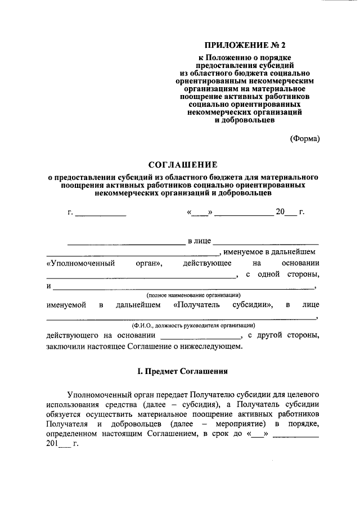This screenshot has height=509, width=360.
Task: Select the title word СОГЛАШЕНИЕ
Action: click(182, 164)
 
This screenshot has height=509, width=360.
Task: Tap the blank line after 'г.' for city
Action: click(101, 213)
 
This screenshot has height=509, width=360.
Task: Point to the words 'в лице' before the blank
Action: click(199, 241)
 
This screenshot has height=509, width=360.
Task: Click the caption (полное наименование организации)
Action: click(193, 295)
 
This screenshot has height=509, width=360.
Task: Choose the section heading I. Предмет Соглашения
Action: click(182, 371)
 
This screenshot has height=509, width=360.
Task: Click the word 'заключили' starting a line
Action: click(65, 346)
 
